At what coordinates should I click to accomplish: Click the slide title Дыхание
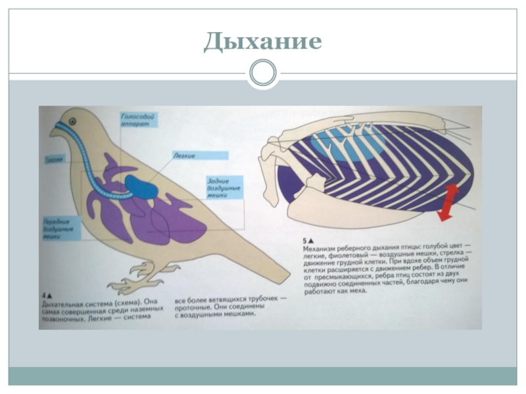262,41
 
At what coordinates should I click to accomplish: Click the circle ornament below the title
263,73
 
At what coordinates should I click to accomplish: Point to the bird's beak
52,131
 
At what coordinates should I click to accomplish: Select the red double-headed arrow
449,202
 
